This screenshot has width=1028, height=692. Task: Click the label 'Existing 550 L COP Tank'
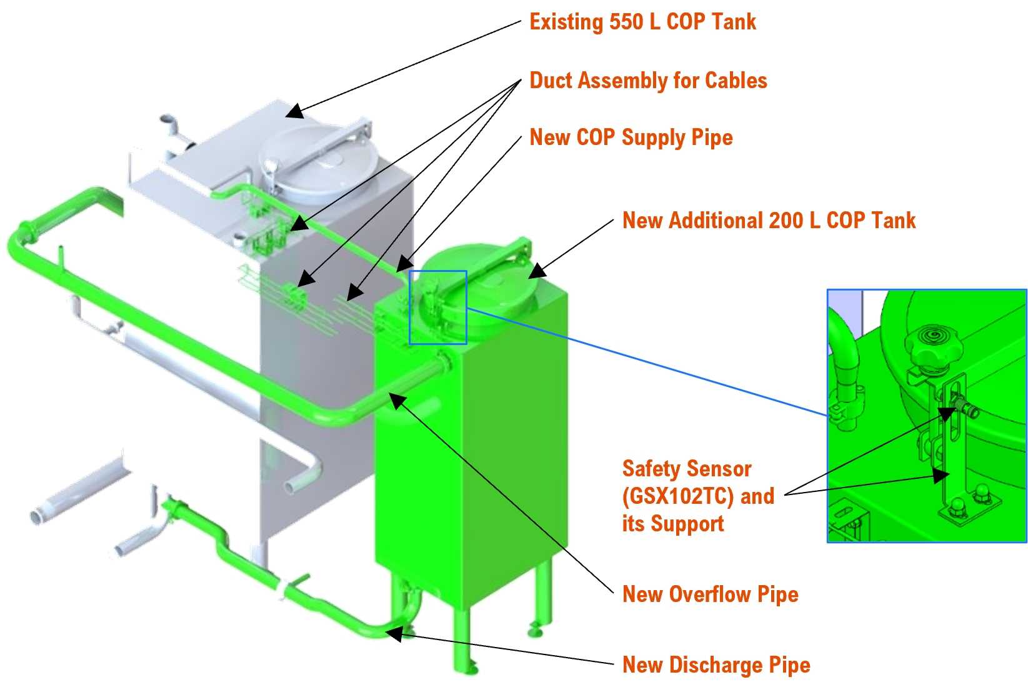pyautogui.click(x=642, y=22)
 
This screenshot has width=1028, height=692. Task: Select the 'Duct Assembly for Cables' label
pyautogui.click(x=648, y=81)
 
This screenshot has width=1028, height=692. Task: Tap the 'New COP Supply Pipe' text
pyautogui.click(x=631, y=138)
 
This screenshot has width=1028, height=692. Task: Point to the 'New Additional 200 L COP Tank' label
pyautogui.click(x=769, y=221)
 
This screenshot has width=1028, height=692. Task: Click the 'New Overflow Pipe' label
pyautogui.click(x=710, y=594)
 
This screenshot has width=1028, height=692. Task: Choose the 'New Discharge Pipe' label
pyautogui.click(x=716, y=664)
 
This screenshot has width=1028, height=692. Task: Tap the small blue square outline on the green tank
pyautogui.click(x=437, y=307)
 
